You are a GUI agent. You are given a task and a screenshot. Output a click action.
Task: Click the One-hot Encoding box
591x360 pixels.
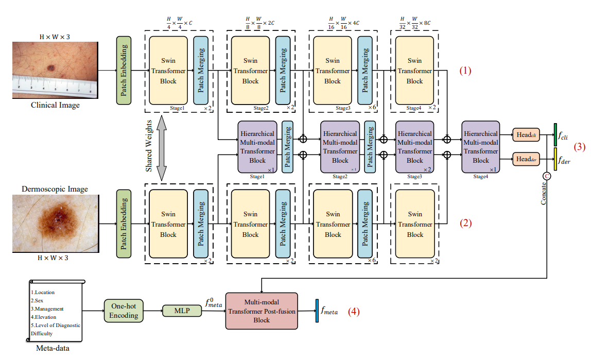click(x=124, y=311)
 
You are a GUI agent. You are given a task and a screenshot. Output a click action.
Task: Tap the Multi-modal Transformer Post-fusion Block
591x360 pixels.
click(x=262, y=311)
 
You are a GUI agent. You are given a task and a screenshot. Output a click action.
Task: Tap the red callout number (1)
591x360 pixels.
click(x=465, y=71)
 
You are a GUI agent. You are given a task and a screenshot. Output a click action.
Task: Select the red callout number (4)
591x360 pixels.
click(x=354, y=311)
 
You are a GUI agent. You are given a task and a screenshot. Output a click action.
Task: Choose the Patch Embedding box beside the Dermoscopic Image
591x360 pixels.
click(x=124, y=224)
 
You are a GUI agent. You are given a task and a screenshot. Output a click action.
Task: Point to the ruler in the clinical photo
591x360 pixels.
click(x=54, y=86)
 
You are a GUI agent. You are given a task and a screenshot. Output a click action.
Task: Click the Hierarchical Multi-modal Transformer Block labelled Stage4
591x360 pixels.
click(x=481, y=146)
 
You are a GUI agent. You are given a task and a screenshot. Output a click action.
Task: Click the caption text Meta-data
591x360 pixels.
click(x=53, y=349)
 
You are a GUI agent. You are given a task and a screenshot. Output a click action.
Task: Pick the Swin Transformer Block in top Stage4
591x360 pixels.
click(x=414, y=71)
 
